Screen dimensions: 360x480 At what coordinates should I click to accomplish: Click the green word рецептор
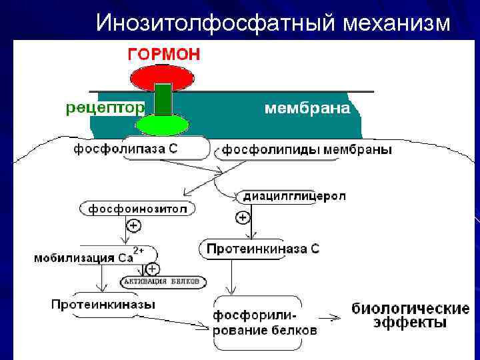tap(105, 107)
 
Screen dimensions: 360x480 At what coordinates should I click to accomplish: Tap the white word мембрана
tap(307, 108)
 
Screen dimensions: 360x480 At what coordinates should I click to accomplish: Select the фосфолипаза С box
tap(135, 149)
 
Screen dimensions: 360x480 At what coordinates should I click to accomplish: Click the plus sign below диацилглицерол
tap(243, 217)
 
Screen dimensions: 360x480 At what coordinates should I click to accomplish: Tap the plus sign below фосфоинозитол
tap(134, 226)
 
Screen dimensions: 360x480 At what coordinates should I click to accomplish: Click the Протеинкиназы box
tap(103, 304)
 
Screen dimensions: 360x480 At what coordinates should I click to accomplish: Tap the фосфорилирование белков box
tap(264, 323)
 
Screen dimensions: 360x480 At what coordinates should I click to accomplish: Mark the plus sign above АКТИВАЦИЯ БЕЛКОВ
tap(153, 269)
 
